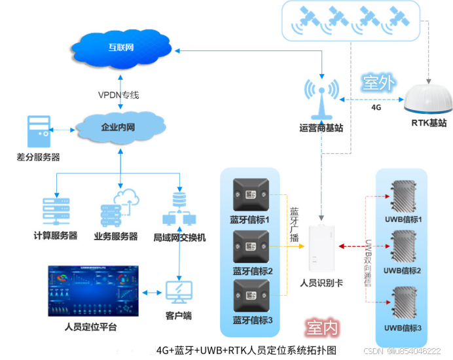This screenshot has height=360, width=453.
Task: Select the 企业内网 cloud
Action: click(120, 127)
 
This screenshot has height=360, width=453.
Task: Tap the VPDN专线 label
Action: click(118, 95)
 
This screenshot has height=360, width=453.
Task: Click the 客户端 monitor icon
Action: click(179, 292)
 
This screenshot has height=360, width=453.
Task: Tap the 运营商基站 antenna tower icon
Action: click(321, 99)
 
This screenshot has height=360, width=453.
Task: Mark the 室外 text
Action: click(378, 83)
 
